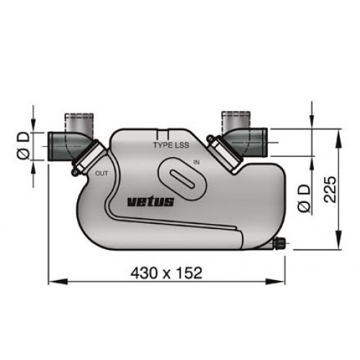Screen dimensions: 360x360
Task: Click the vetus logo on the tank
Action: [x=150, y=202]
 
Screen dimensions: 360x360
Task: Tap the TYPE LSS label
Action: [x=171, y=145]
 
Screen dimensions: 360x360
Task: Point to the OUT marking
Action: [x=102, y=174]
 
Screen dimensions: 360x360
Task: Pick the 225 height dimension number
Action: [x=328, y=189]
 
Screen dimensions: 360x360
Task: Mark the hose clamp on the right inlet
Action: [x=223, y=152]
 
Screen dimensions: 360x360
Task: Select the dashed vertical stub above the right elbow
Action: [x=235, y=117]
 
